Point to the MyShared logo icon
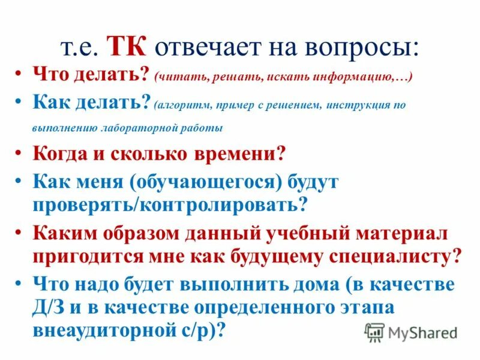pyautogui.click(x=374, y=332)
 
